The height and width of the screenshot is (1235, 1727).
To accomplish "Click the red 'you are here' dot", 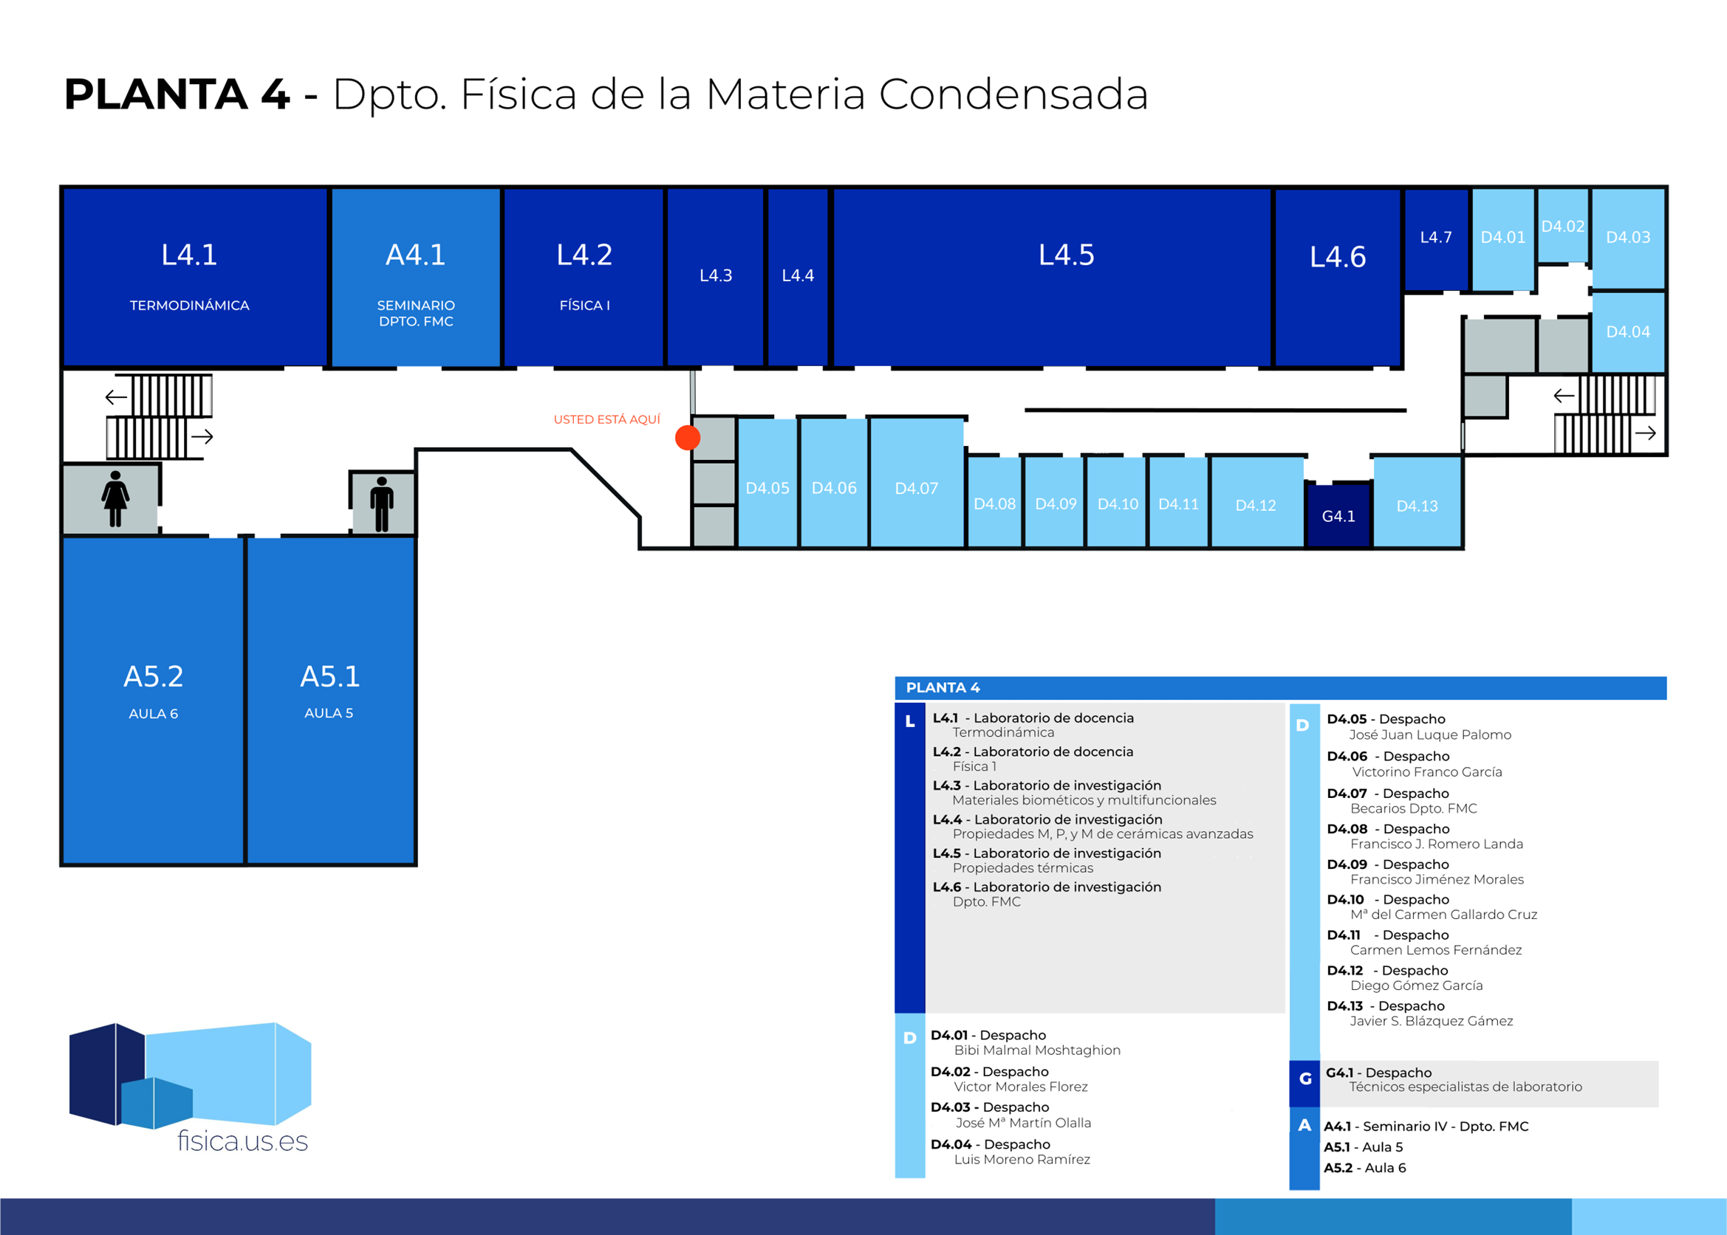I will click(x=687, y=438).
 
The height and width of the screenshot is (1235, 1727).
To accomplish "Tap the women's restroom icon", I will click(x=115, y=499).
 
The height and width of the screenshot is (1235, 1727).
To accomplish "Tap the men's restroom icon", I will click(x=381, y=503).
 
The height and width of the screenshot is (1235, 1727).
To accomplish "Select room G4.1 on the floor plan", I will click(x=1338, y=516).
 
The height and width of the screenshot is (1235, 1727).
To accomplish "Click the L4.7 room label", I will click(x=1436, y=237).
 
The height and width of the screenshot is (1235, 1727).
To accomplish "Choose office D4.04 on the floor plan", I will click(x=1627, y=331).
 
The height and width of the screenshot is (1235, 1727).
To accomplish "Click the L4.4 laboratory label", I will click(x=797, y=275).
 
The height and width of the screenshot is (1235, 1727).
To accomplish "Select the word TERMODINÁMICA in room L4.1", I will click(x=189, y=306).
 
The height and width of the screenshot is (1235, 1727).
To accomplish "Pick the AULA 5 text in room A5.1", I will click(x=329, y=713).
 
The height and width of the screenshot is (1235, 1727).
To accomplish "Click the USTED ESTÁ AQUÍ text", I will click(x=606, y=420).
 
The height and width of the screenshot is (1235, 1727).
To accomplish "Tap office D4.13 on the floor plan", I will click(x=1417, y=506).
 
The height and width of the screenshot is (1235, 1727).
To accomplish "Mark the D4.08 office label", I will click(x=994, y=504).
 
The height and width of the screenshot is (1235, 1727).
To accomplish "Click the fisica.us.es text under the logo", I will click(x=243, y=1141).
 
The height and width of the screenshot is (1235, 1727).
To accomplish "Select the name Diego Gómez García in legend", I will click(x=1416, y=985).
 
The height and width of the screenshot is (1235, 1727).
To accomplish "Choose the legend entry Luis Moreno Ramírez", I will click(x=1022, y=1160).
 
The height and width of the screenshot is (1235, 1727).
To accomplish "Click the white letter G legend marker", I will click(x=1304, y=1079).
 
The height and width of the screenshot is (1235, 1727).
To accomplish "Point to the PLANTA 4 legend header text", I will click(x=943, y=687).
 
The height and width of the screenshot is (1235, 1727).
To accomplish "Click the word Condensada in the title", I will click(x=1013, y=94).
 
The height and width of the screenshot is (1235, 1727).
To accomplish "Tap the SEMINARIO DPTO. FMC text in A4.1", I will click(x=416, y=313).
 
